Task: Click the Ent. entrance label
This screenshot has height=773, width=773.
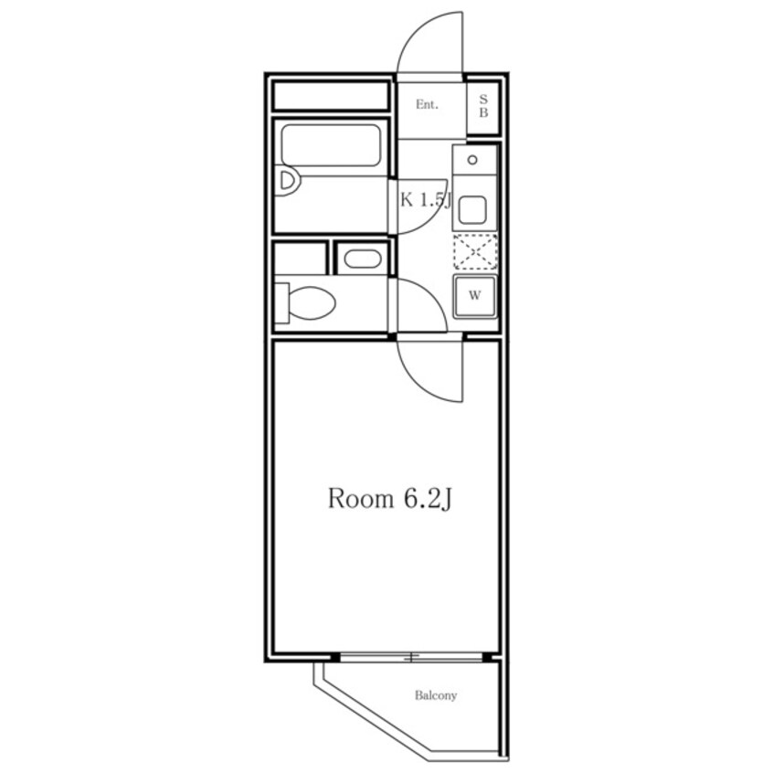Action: click(x=427, y=104)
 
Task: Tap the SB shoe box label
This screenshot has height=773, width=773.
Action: click(x=483, y=106)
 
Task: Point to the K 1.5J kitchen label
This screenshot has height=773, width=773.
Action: click(x=426, y=200)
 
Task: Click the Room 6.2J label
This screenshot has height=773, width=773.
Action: click(x=390, y=498)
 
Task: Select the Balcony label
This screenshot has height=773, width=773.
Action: click(x=436, y=695)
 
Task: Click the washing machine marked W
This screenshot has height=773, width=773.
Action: click(x=475, y=296)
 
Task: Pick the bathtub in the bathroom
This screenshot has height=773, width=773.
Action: click(x=331, y=145)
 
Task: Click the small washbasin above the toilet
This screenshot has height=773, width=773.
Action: click(x=363, y=259)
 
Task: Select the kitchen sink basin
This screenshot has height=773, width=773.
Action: click(x=472, y=210)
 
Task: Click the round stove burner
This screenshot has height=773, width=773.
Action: click(x=472, y=160)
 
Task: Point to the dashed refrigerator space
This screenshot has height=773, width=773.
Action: click(x=475, y=252)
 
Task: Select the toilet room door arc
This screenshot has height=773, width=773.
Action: click(x=431, y=296)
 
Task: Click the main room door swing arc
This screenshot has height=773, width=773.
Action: click(x=419, y=385)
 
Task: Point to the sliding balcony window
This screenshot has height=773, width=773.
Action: click(x=411, y=657)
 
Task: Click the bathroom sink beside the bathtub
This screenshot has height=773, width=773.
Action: click(x=288, y=181)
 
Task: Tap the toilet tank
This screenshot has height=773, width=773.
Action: click(x=281, y=302)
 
